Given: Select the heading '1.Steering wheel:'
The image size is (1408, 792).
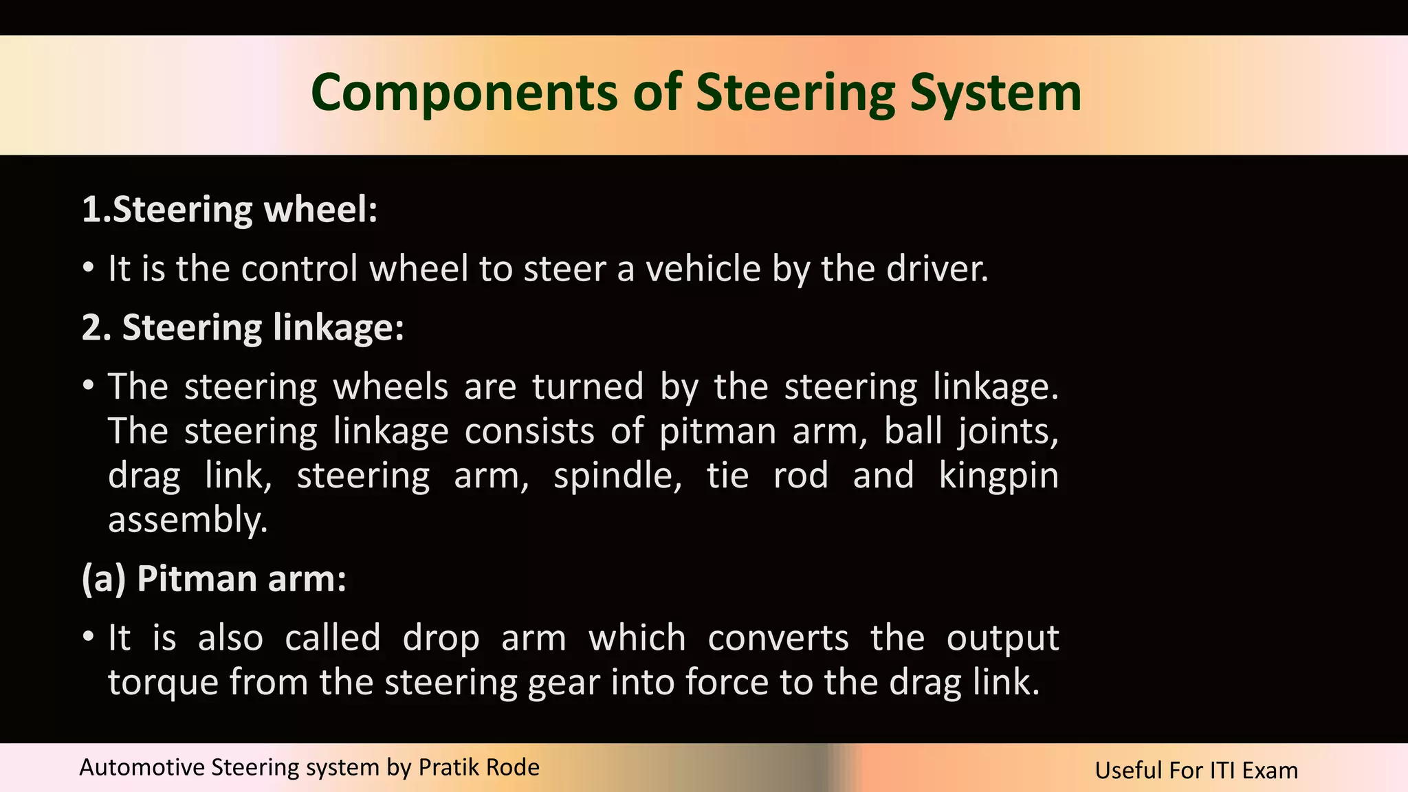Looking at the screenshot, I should click(230, 210).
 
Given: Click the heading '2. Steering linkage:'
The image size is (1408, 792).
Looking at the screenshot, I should click(243, 328).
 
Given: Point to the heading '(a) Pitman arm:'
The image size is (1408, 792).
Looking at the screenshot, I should click(214, 579).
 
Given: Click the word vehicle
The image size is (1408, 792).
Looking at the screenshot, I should click(703, 269).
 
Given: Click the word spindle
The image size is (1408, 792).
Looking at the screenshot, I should click(617, 476).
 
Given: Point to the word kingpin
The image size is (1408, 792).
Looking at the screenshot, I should click(999, 477).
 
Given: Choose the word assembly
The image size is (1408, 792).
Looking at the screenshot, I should click(188, 520).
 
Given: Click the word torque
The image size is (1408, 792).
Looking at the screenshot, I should click(163, 683).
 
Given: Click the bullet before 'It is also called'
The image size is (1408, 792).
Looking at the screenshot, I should click(88, 637).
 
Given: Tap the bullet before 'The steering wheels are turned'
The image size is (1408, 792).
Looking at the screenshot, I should click(88, 386).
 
